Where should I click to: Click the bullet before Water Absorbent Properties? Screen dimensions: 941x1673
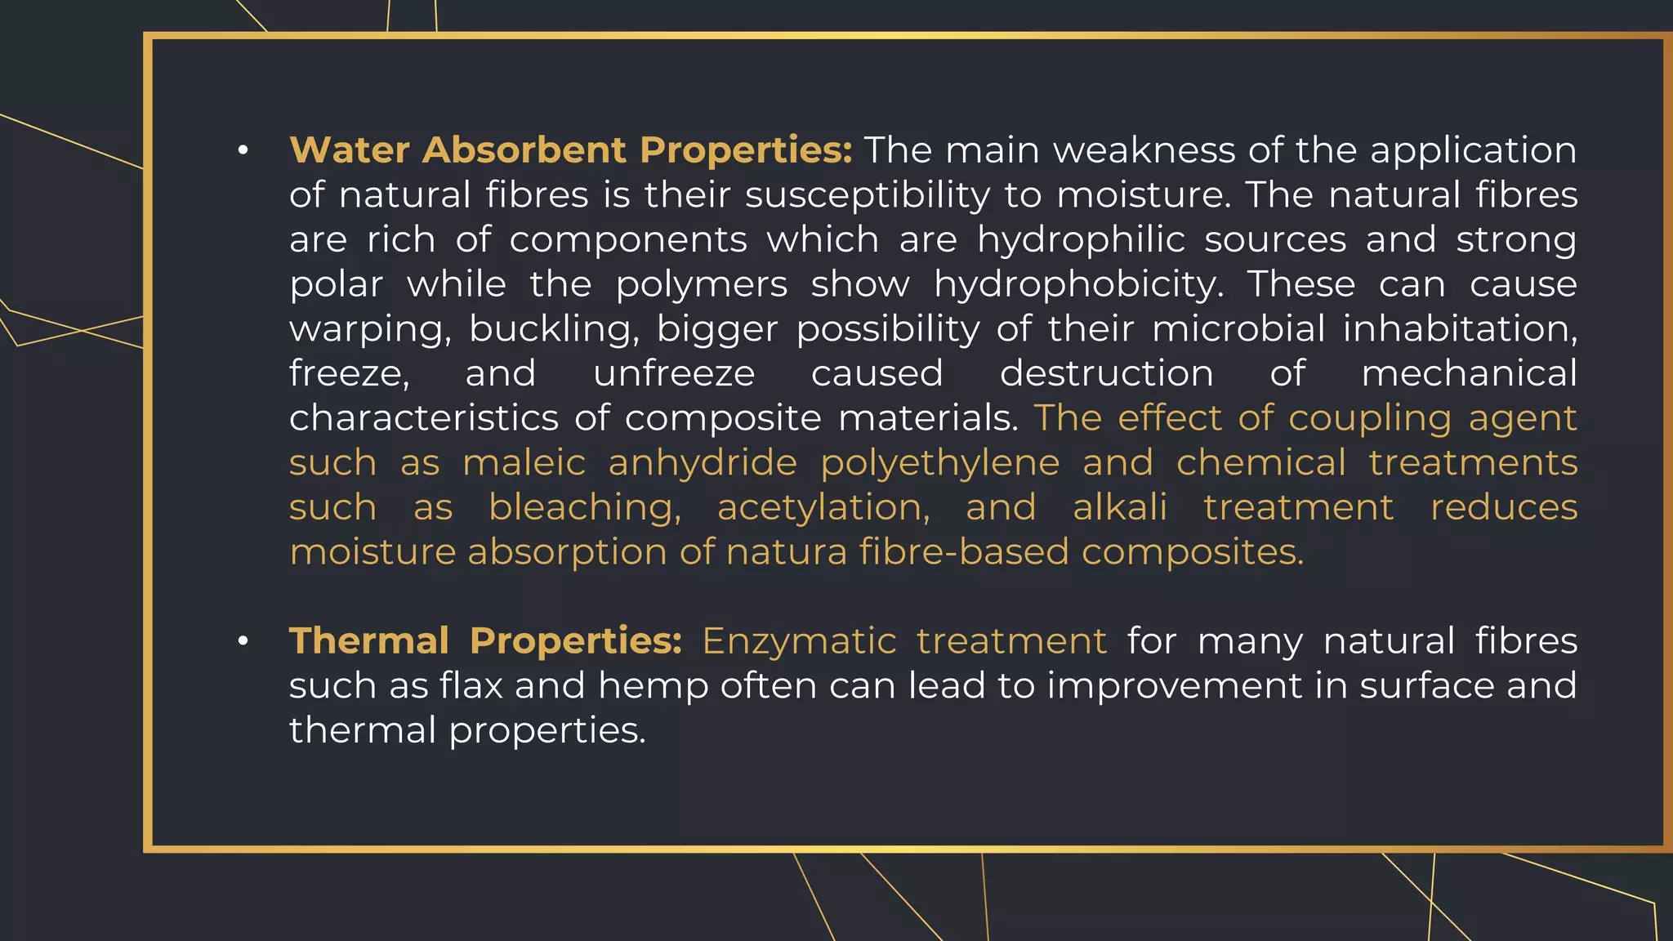[243, 151]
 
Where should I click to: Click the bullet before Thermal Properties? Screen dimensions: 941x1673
[243, 642]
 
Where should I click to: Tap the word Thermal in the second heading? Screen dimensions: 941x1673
[368, 641]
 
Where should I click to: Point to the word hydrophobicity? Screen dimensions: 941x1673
[1078, 285]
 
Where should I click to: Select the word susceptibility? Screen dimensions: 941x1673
[868, 196]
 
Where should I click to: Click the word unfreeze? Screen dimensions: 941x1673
[674, 374]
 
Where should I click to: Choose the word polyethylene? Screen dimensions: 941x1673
[939, 464]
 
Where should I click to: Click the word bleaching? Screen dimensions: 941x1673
[585, 508]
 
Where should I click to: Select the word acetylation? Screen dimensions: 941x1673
[823, 508]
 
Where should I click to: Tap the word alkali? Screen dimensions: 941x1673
[1119, 507]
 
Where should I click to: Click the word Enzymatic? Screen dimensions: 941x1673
[798, 642]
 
